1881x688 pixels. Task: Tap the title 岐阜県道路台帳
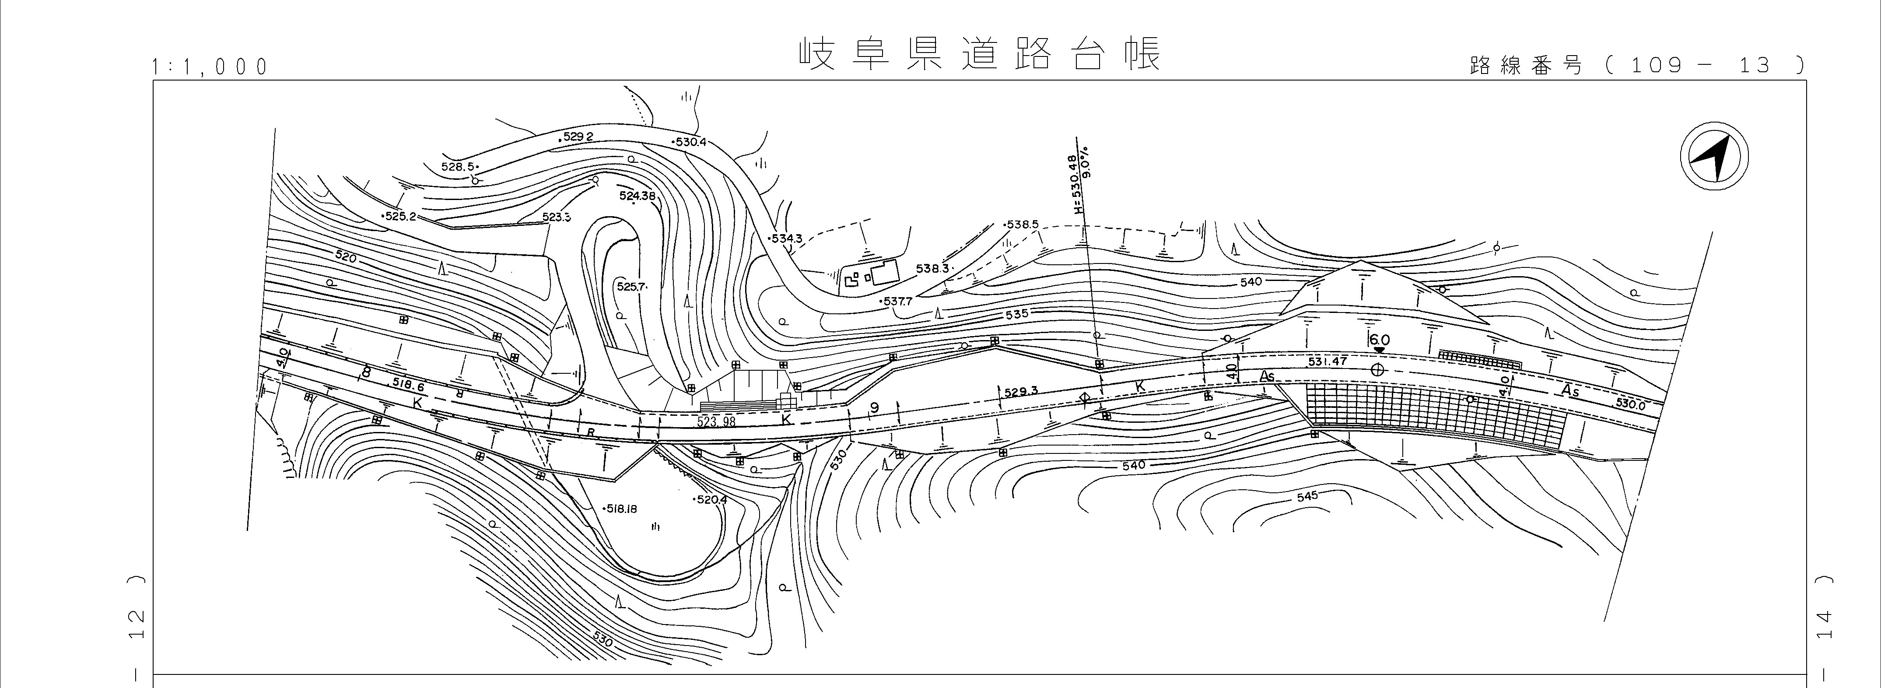point(978,53)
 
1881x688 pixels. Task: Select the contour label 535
point(1016,314)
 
